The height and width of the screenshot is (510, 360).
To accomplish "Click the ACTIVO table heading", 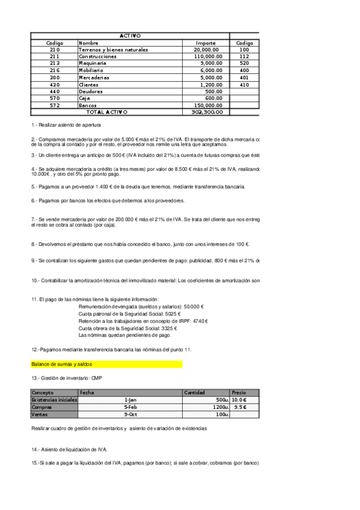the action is (130, 36).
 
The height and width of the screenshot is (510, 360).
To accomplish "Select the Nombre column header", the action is (88, 43).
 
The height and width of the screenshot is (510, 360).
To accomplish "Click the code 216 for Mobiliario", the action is (55, 70).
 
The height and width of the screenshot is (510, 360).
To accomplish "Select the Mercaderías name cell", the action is (94, 77).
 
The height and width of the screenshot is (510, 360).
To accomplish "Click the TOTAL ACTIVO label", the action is (107, 112).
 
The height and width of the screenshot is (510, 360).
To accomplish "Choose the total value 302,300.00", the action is (207, 112).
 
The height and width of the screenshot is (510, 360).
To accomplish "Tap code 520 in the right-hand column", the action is (244, 63).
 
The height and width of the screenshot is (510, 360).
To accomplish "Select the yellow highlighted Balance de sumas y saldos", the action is (61, 364).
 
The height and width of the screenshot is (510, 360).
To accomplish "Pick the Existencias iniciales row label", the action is (54, 399).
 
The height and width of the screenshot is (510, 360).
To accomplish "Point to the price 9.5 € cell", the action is (240, 407).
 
